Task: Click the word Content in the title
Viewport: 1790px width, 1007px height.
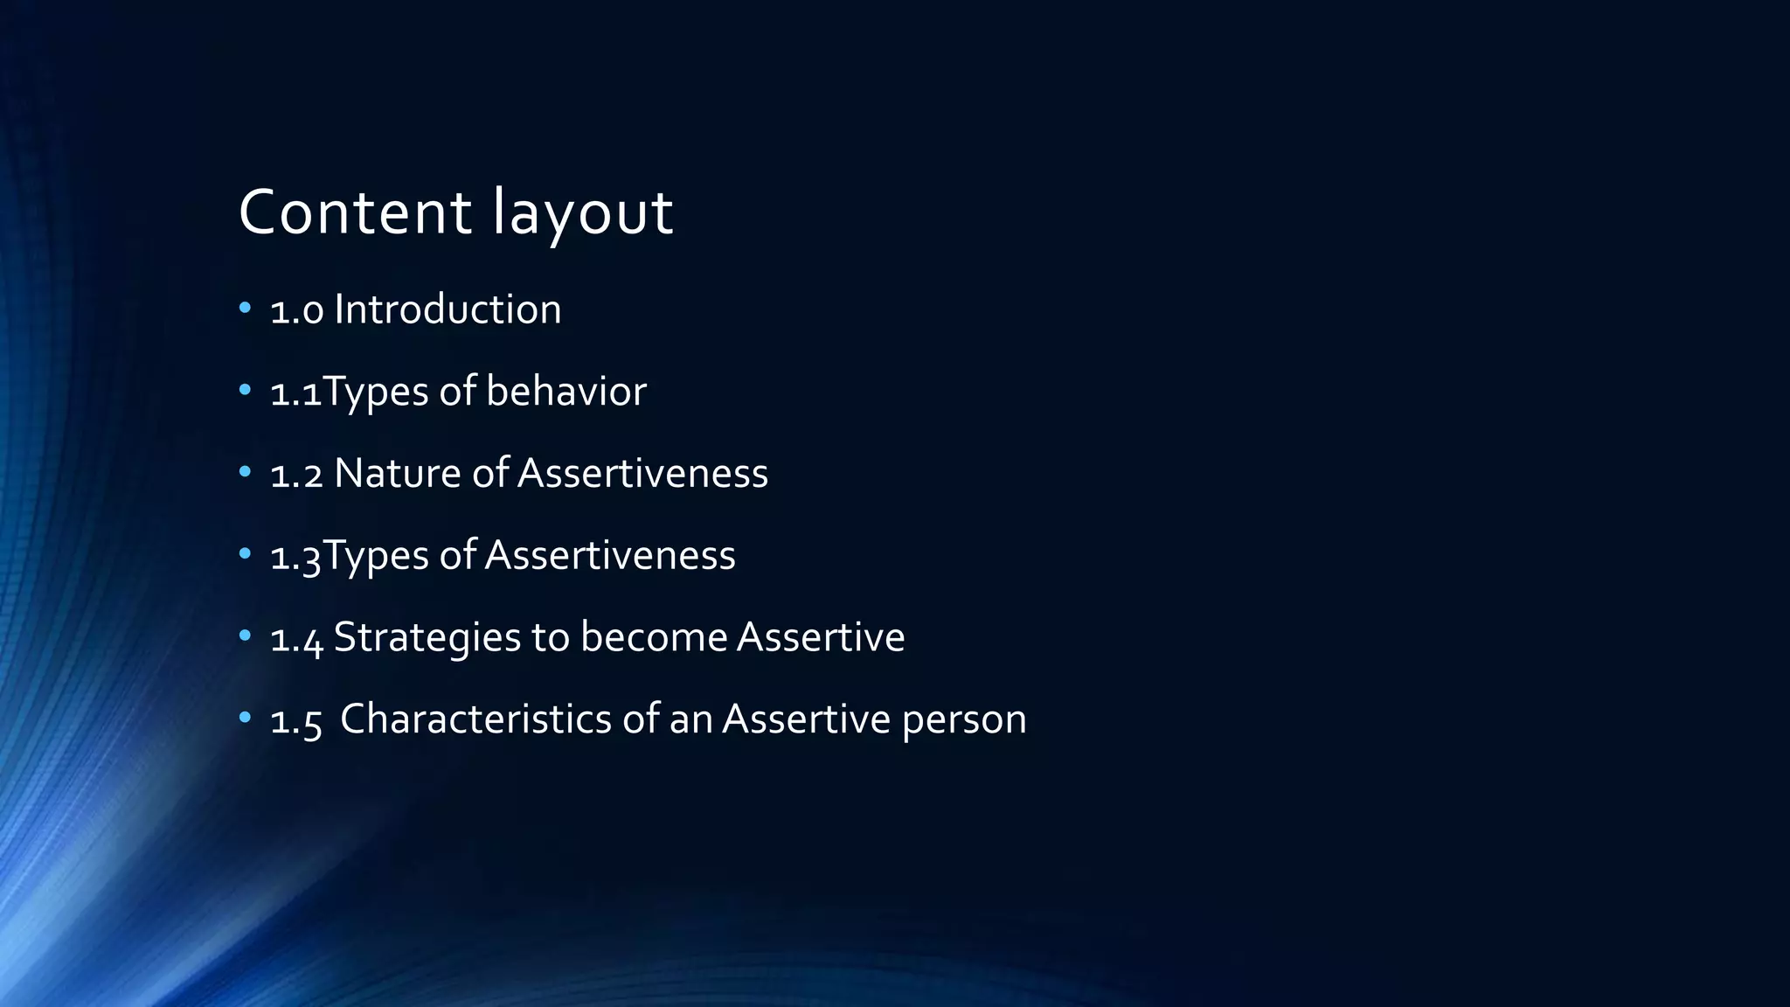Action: [355, 212]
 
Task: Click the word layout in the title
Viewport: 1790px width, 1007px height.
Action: [583, 212]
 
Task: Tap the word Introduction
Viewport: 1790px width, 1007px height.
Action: [447, 309]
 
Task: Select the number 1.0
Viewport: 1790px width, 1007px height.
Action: [297, 311]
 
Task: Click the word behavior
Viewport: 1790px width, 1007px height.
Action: [566, 391]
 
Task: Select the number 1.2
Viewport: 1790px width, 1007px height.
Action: [297, 475]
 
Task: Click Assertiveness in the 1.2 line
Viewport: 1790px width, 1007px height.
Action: [642, 473]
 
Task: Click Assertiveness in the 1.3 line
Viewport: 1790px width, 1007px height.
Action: [610, 555]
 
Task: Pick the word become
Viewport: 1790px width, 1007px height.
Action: [654, 637]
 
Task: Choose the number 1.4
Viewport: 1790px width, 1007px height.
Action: [297, 639]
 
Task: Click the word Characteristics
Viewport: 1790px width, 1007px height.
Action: [476, 719]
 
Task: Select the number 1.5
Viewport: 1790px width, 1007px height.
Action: [297, 721]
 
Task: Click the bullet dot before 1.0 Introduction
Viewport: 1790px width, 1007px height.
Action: [245, 308]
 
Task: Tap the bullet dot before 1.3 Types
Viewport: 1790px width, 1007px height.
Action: [245, 553]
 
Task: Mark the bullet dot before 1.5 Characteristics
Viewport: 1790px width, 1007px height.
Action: [245, 718]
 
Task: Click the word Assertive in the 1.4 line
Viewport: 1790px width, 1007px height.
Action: [821, 637]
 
